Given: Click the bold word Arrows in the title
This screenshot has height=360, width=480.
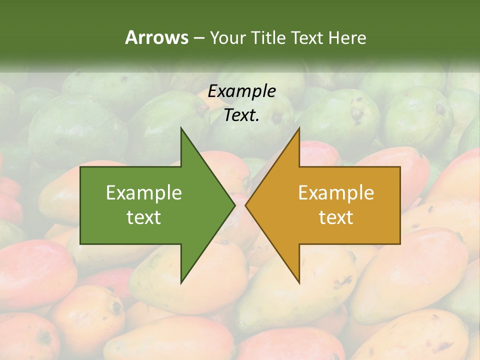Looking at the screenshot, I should click(156, 37).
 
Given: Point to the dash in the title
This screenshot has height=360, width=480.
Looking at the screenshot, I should click(198, 38).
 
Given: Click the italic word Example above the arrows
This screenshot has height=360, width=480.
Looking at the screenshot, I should click(242, 91).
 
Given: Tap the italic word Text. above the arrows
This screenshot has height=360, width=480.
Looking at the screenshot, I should click(242, 115).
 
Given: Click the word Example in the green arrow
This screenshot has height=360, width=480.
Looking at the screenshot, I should click(144, 193).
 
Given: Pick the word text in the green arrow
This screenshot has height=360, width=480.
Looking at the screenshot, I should click(144, 217).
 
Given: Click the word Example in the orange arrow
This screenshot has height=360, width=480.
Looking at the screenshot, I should click(336, 193).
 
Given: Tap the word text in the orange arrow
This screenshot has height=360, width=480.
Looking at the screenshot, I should click(336, 217).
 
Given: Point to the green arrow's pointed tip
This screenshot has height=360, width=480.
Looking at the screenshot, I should click(234, 205).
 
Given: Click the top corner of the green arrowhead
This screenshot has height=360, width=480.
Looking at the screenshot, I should click(181, 129).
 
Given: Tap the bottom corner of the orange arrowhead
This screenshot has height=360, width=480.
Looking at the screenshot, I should click(299, 282).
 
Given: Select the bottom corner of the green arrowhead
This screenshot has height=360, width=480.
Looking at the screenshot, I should click(181, 282).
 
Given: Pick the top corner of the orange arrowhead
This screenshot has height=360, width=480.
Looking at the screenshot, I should click(299, 129).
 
